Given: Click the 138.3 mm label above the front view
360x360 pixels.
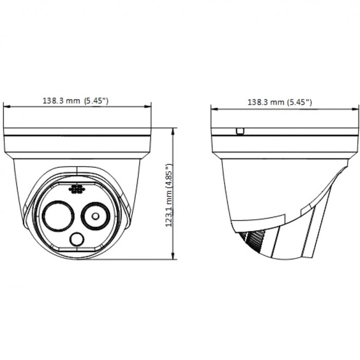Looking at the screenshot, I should click(x=61, y=101).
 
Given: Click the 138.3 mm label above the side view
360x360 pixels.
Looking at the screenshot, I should click(x=266, y=102).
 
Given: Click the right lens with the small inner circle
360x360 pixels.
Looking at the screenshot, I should click(x=96, y=215).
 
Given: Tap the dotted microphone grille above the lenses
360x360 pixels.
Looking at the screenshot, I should click(x=77, y=190).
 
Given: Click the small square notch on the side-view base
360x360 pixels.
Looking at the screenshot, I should click(x=239, y=132).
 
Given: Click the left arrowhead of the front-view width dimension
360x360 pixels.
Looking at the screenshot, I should click(x=6, y=107).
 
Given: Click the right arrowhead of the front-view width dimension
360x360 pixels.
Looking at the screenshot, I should click(x=149, y=107).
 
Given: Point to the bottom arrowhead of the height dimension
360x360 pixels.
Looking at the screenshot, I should click(x=173, y=257).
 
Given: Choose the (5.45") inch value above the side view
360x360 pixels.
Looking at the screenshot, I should click(x=299, y=102).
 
